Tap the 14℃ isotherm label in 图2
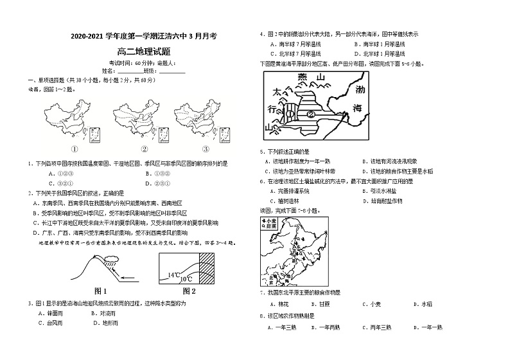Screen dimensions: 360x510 click(x=175, y=274)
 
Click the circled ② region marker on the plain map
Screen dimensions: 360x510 click(x=310, y=113)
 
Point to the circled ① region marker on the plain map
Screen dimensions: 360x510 click(x=290, y=113)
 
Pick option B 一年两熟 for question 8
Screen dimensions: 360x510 click(x=325, y=327)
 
